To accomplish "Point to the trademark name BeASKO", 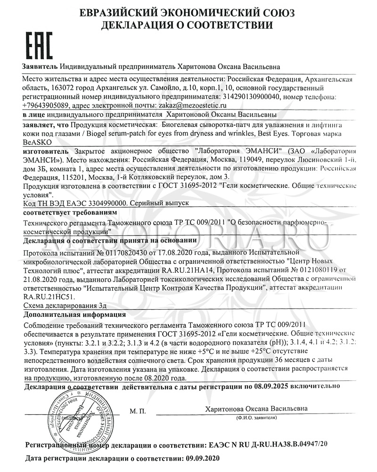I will pyautogui.click(x=34, y=142).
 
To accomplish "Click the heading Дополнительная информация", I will pyautogui.click(x=66, y=314).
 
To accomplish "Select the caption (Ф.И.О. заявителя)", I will pyautogui.click(x=256, y=418).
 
